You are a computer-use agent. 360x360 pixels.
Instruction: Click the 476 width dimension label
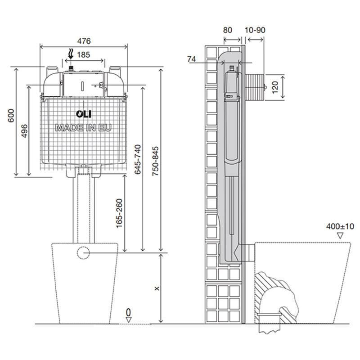pos(84,41)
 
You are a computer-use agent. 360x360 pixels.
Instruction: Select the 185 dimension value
pos(83,54)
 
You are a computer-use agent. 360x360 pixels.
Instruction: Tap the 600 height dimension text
pos(11,116)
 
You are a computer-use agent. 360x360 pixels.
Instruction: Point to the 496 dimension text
pos(24,131)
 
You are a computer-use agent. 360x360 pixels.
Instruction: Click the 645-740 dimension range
pos(138,159)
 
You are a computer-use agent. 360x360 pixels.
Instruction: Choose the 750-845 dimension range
pos(155,161)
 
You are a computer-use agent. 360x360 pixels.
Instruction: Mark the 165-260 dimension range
pos(119,213)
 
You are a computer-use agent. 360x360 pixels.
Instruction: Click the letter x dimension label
pos(157,288)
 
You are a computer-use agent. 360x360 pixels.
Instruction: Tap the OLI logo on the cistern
pos(84,114)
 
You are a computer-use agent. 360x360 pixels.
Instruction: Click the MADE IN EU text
pos(83,128)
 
